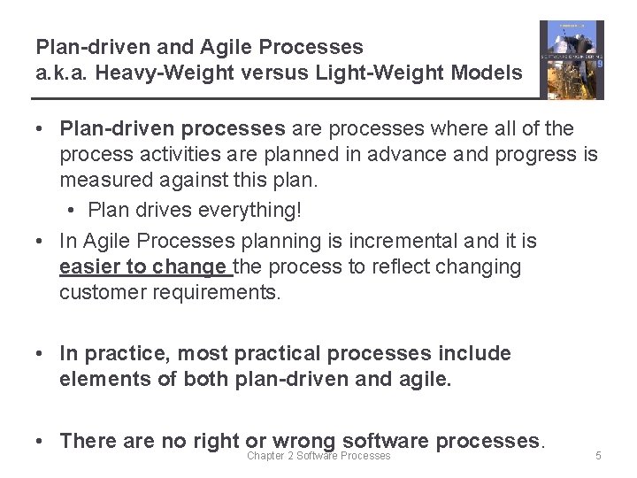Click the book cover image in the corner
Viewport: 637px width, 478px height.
tap(572, 60)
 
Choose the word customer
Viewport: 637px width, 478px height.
tap(103, 292)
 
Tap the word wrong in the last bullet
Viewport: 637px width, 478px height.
tap(303, 440)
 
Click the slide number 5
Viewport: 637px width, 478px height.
tap(598, 456)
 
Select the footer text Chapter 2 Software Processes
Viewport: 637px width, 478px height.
tap(318, 456)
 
